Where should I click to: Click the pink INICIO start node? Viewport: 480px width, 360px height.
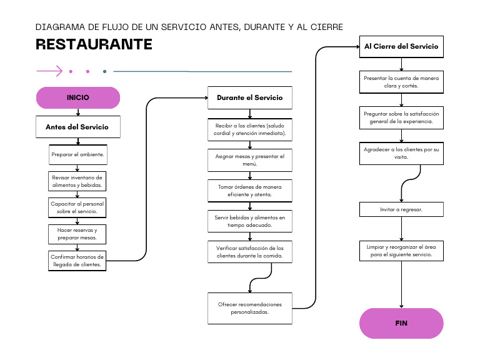pyautogui.click(x=77, y=97)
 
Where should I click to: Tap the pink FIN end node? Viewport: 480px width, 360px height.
pyautogui.click(x=401, y=323)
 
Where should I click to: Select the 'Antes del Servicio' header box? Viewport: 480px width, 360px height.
pyautogui.click(x=77, y=127)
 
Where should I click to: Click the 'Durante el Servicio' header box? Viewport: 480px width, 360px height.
pyautogui.click(x=249, y=97)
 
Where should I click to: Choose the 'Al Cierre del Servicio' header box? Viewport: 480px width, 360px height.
pyautogui.click(x=401, y=46)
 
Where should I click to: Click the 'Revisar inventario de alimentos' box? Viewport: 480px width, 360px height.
pyautogui.click(x=77, y=181)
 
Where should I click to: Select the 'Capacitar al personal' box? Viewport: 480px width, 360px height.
pyautogui.click(x=77, y=207)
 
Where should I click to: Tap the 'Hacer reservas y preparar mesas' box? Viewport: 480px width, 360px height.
pyautogui.click(x=77, y=234)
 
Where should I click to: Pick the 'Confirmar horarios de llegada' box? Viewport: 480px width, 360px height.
pyautogui.click(x=77, y=260)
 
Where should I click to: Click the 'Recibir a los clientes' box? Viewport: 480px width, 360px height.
pyautogui.click(x=249, y=129)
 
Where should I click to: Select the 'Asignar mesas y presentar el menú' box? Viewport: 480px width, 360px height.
pyautogui.click(x=249, y=160)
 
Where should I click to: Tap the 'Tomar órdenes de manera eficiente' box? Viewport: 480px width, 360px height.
pyautogui.click(x=249, y=191)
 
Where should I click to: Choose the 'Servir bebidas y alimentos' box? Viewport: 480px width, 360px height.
pyautogui.click(x=249, y=221)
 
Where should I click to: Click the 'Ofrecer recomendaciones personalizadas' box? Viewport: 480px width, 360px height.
pyautogui.click(x=249, y=308)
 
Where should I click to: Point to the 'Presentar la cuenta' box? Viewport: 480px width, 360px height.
pyautogui.click(x=401, y=82)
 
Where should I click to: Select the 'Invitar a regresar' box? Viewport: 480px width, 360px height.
pyautogui.click(x=401, y=209)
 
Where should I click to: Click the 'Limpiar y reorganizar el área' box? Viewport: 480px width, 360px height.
pyautogui.click(x=401, y=251)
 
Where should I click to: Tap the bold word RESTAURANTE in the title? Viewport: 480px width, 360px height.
pyautogui.click(x=94, y=44)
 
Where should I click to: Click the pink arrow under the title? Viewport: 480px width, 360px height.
pyautogui.click(x=49, y=71)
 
